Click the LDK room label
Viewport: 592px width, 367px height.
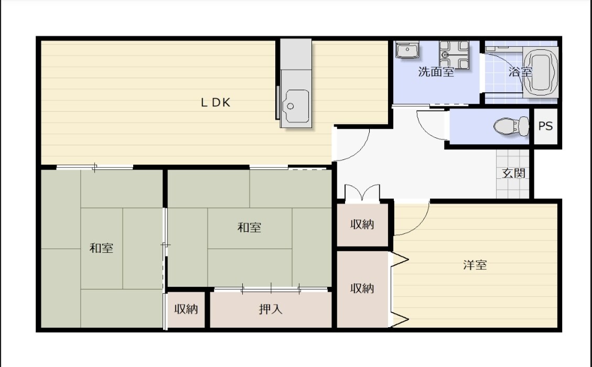click(215, 103)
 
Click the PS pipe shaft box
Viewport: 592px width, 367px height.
click(545, 126)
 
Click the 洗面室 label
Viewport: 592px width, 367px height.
click(436, 72)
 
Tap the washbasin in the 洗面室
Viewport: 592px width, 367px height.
click(407, 49)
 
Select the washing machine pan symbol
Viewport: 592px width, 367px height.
click(454, 55)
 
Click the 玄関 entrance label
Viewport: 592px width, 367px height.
click(513, 174)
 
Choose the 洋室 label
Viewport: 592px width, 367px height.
click(475, 265)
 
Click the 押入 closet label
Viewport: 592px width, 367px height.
click(271, 309)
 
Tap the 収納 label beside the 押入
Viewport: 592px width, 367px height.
click(186, 309)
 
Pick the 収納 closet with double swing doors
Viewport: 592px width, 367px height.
click(362, 224)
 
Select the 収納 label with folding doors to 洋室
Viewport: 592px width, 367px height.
click(362, 288)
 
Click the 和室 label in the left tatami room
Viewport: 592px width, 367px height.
click(101, 248)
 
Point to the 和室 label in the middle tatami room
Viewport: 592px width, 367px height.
click(249, 228)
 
